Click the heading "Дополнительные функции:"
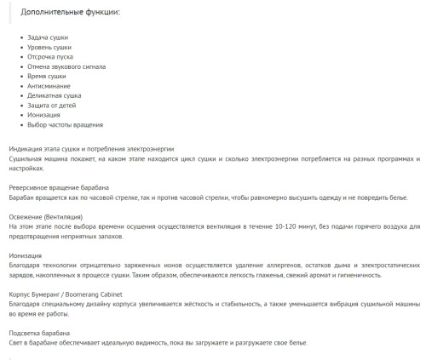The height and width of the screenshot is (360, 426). pos(76,14)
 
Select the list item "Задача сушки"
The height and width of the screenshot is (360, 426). pos(47,39)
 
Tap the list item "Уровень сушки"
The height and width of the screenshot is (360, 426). pos(49,49)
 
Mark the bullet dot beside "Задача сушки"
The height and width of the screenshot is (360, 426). pos(21,39)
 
